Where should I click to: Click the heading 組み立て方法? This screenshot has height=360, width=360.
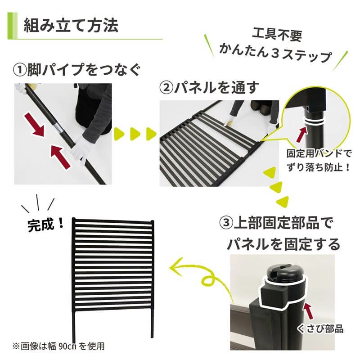[71, 25]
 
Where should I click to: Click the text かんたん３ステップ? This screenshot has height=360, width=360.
[275, 56]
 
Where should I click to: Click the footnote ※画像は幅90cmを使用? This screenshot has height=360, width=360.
[58, 346]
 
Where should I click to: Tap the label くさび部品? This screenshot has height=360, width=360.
[320, 328]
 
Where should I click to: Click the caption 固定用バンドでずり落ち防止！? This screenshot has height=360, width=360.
[319, 159]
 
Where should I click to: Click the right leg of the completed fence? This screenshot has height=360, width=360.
[151, 324]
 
